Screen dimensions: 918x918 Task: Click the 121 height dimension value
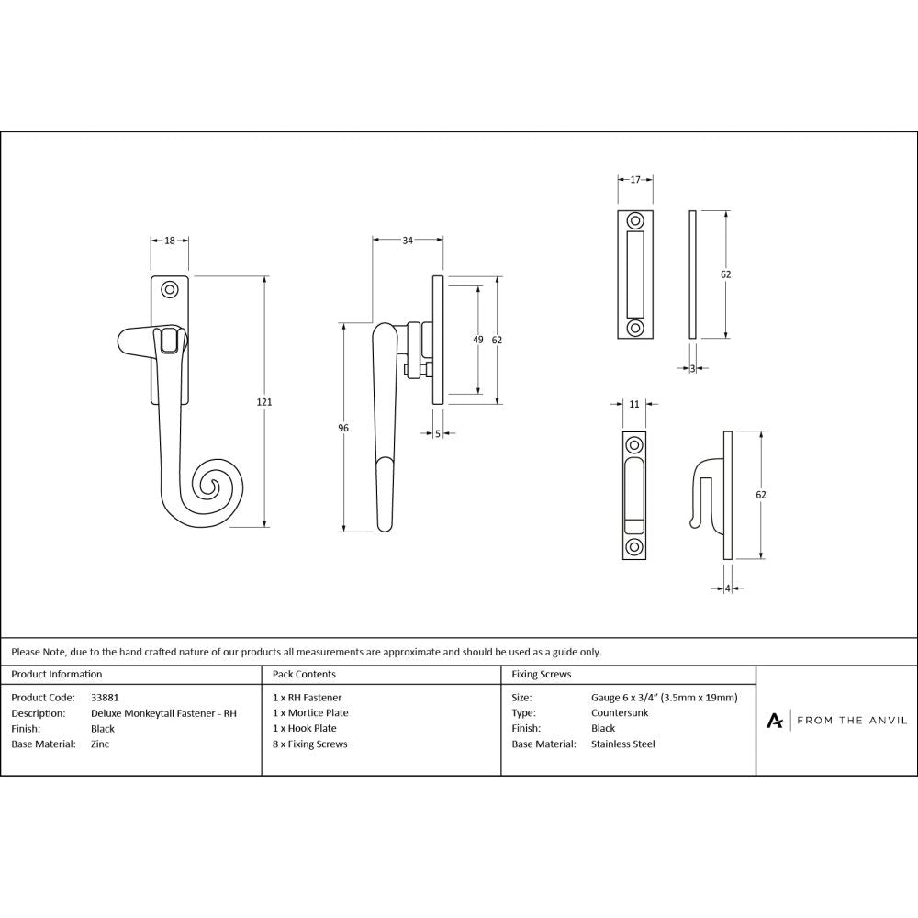pos(266,402)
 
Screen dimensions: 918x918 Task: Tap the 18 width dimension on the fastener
pos(170,241)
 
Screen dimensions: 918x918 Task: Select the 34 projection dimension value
pos(408,241)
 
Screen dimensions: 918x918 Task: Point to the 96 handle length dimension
pos(343,427)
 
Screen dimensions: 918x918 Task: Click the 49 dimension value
pos(477,340)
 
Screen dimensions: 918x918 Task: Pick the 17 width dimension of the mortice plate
pos(634,180)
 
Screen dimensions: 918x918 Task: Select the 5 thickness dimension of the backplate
pos(438,433)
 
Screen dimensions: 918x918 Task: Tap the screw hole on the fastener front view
pos(169,290)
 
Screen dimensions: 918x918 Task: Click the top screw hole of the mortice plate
pos(634,222)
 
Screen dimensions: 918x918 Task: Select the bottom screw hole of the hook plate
pos(633,548)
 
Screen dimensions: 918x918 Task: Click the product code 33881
pos(105,698)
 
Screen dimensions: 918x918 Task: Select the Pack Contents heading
pos(304,674)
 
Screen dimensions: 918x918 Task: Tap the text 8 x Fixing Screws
pos(310,744)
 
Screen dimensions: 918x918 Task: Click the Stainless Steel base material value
pos(623,744)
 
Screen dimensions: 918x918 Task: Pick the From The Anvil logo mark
pos(775,721)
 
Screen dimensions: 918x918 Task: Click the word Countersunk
pos(621,713)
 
